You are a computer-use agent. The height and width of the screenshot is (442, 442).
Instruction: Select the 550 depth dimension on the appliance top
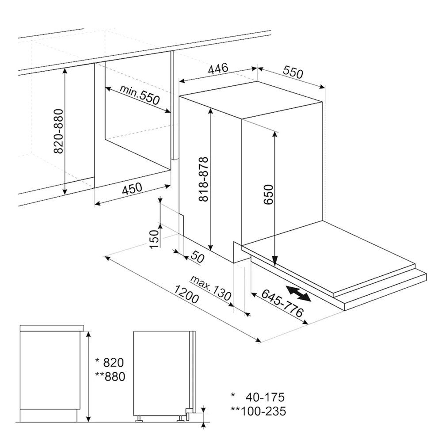tap(293, 72)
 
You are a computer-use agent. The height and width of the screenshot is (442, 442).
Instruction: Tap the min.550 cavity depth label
tap(139, 95)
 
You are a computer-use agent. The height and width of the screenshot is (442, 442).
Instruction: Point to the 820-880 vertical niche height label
tap(58, 131)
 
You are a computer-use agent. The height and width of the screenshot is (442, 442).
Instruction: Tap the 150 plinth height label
tap(153, 239)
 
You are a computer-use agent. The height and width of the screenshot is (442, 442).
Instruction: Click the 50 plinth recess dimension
tap(197, 258)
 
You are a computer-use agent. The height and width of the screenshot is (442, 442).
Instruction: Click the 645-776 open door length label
tap(282, 303)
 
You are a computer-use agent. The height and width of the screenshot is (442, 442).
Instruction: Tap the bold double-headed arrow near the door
tap(298, 294)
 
